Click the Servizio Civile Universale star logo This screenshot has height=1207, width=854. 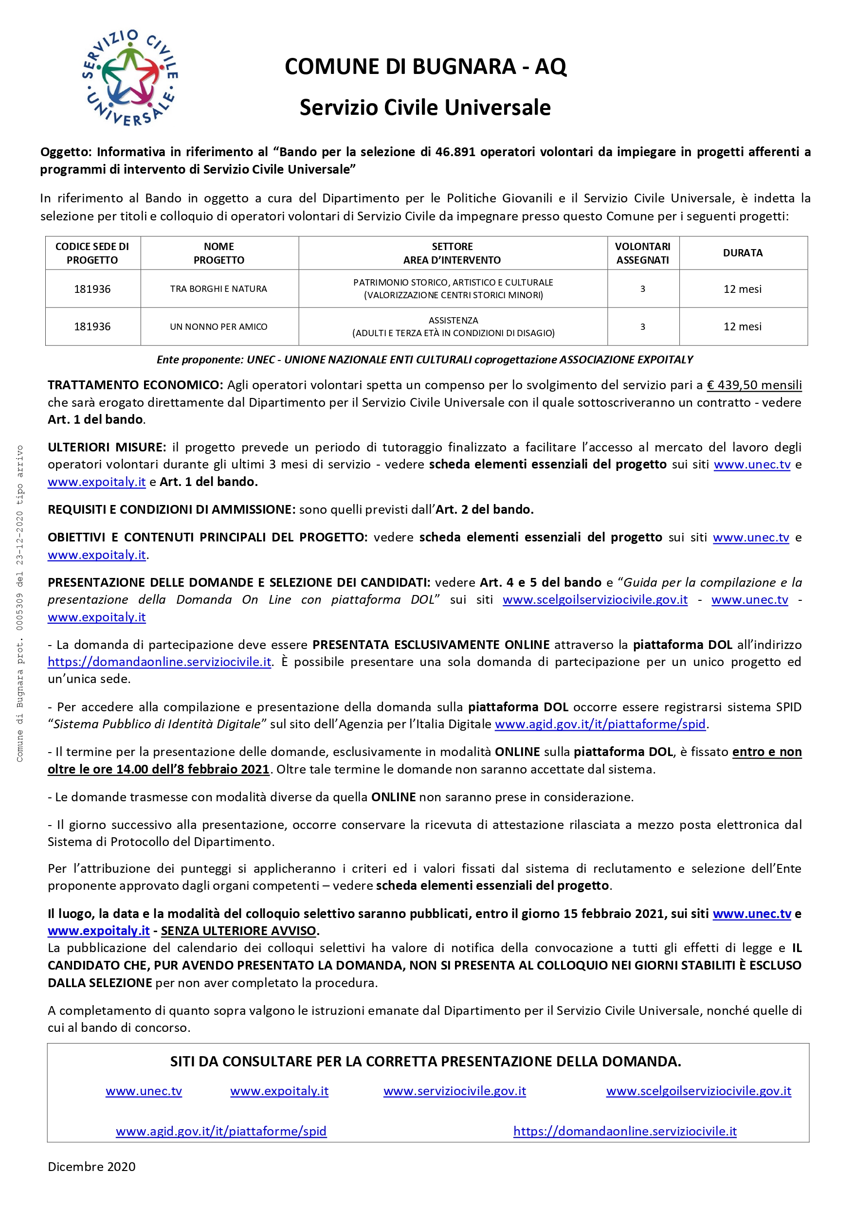click(130, 78)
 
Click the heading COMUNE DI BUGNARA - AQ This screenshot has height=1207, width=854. click(425, 67)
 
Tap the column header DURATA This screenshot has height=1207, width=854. click(743, 253)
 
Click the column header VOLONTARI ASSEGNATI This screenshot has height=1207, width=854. click(643, 253)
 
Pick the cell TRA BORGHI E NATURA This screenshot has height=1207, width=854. click(219, 288)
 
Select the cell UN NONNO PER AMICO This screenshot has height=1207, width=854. click(219, 326)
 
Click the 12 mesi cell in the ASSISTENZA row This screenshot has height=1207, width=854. click(743, 326)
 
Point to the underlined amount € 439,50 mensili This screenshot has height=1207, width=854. click(754, 385)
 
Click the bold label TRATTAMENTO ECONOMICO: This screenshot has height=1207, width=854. click(136, 385)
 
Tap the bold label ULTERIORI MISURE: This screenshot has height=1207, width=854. click(107, 448)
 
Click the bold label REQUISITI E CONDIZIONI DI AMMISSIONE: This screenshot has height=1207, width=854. click(171, 509)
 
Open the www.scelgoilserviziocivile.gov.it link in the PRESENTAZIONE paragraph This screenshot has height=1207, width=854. click(595, 600)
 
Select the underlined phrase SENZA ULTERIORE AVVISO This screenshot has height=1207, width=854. click(238, 931)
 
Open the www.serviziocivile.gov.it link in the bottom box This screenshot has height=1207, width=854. click(454, 1091)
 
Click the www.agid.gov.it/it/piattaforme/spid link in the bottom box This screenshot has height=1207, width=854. click(221, 1131)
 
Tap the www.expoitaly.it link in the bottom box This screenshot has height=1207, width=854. click(279, 1091)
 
